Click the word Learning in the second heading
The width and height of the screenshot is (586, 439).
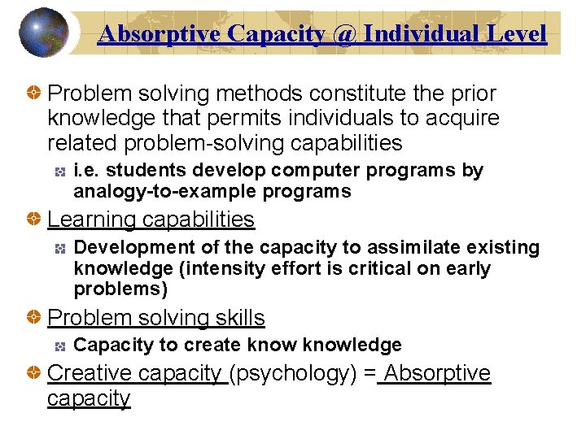(92, 219)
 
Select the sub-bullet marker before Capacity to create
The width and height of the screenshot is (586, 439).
(59, 346)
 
